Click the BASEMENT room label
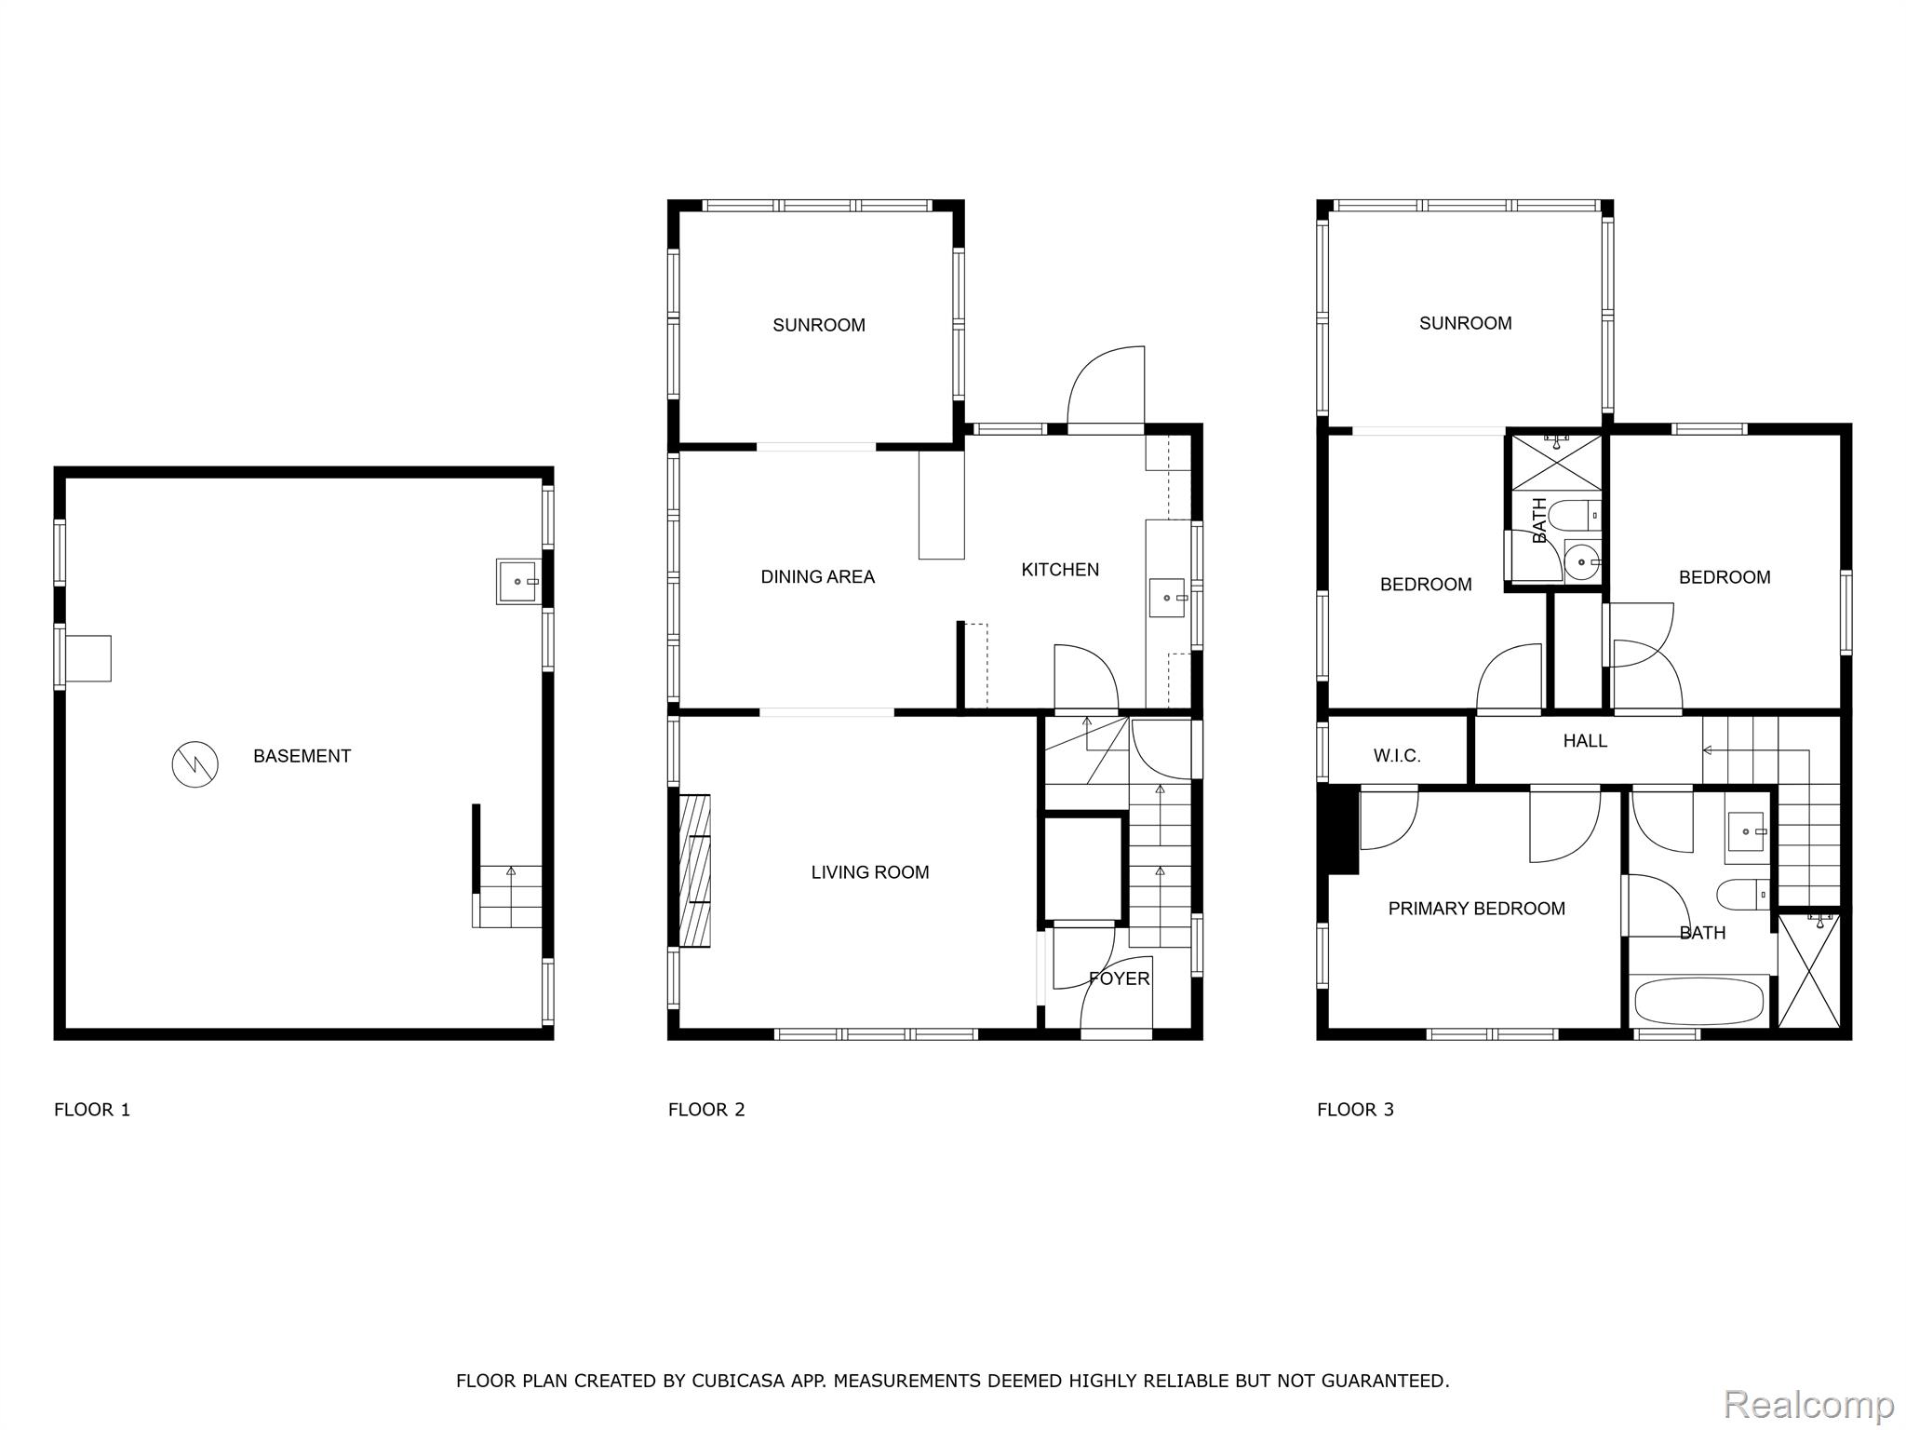pyautogui.click(x=302, y=756)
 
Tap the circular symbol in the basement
pyautogui.click(x=195, y=765)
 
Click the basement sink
pyautogui.click(x=518, y=581)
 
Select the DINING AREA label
pyautogui.click(x=817, y=576)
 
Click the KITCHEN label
pyautogui.click(x=1060, y=569)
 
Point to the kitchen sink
pyautogui.click(x=1167, y=598)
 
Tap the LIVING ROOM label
pyautogui.click(x=870, y=872)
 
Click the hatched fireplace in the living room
pyautogui.click(x=695, y=871)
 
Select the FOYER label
pyautogui.click(x=1120, y=978)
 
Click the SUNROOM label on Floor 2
pyautogui.click(x=819, y=325)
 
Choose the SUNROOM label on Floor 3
pyautogui.click(x=1465, y=323)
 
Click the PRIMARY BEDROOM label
pyautogui.click(x=1476, y=909)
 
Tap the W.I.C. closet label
pyautogui.click(x=1397, y=756)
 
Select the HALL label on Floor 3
pyautogui.click(x=1585, y=741)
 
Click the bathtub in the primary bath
pyautogui.click(x=1700, y=1001)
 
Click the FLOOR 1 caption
pyautogui.click(x=92, y=1110)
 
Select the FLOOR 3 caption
pyautogui.click(x=1355, y=1110)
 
